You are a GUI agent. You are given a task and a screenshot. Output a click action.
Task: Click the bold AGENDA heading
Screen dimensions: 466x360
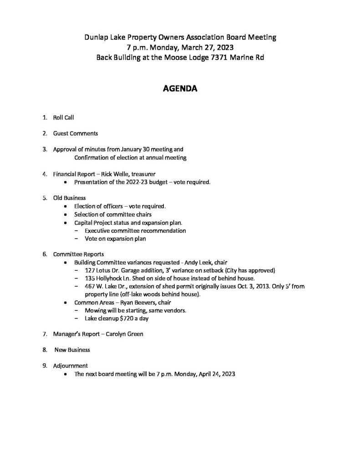click(x=180, y=89)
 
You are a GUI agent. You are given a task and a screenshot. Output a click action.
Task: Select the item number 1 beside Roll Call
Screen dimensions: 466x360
click(x=44, y=117)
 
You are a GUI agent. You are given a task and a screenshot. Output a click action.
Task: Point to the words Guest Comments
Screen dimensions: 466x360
click(x=75, y=133)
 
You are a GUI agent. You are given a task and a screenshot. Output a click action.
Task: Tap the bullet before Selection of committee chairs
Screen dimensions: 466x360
click(x=66, y=214)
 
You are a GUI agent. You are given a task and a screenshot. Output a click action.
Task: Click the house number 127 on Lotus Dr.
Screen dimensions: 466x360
click(x=90, y=270)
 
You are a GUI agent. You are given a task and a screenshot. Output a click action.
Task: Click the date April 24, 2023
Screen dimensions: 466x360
click(x=214, y=374)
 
